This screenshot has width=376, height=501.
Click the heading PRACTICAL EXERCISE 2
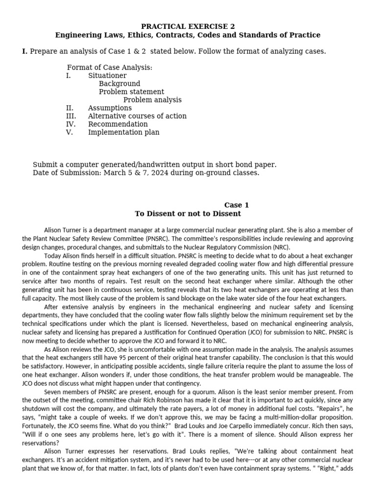(188, 26)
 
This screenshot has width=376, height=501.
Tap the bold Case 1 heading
(236, 205)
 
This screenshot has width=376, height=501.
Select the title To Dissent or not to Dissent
(188, 214)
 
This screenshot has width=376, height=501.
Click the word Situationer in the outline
(107, 76)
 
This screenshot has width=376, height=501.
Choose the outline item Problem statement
(131, 91)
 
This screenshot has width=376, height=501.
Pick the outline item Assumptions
(110, 108)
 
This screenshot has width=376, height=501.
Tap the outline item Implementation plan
(123, 132)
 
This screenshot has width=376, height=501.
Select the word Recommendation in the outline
(117, 124)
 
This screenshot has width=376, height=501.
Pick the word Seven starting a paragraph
(53, 391)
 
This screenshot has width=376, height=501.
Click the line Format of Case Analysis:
(110, 68)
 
